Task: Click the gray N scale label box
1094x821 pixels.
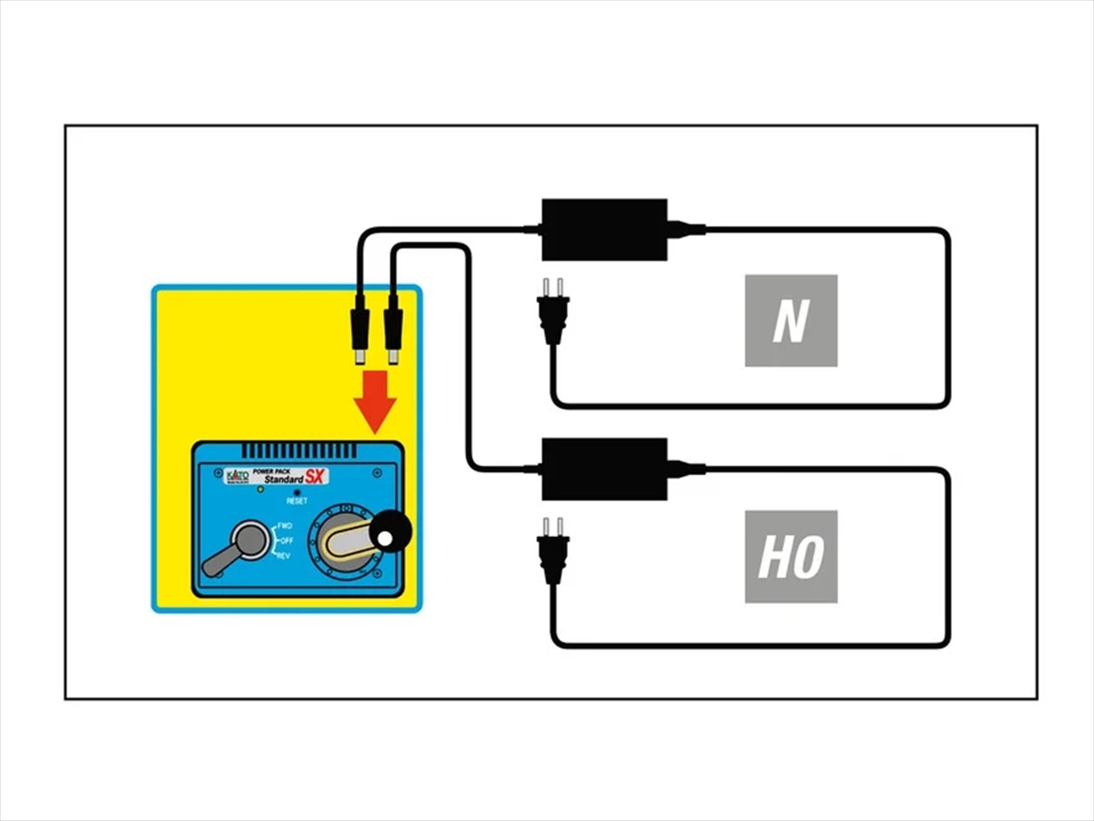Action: pos(791,320)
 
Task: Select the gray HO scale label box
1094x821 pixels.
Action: pos(791,556)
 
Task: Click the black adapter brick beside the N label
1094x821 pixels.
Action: pos(604,229)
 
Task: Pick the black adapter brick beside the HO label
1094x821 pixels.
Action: pos(604,469)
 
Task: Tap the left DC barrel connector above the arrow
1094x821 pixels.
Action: pos(360,332)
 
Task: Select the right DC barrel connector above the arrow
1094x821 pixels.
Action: pos(393,332)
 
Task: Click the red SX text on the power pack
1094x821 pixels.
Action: pos(315,477)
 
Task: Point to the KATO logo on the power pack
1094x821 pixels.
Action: pos(237,476)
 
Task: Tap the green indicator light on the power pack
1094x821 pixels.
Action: pos(260,489)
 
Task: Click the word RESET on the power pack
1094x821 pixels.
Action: pos(297,501)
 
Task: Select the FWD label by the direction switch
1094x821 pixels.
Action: pos(285,526)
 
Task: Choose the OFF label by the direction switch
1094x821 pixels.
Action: pos(287,540)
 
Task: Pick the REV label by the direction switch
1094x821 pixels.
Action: pos(284,556)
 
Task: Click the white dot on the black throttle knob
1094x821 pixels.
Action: pos(385,539)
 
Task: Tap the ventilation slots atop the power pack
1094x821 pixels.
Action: pos(299,451)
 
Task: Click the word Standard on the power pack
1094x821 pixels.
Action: pos(283,479)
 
